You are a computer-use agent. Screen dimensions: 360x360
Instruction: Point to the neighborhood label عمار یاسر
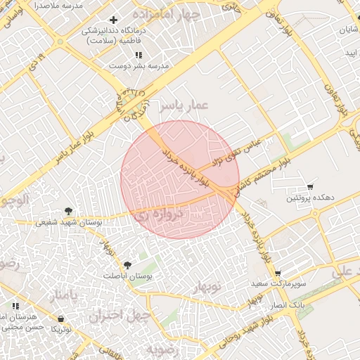coord(184,105)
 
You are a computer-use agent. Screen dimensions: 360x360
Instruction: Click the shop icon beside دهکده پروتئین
coord(310,187)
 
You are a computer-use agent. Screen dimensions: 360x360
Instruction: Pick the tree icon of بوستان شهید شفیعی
coord(68,210)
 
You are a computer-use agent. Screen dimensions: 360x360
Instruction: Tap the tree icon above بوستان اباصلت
coord(127,265)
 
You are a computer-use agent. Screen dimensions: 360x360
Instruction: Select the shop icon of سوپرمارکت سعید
coord(278,274)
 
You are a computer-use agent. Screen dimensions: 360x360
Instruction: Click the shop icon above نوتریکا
coord(61,319)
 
